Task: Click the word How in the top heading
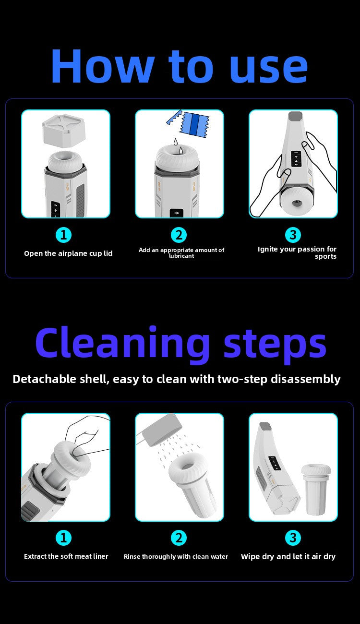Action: (x=103, y=66)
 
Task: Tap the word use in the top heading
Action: (x=269, y=69)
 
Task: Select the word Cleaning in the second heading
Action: (x=122, y=345)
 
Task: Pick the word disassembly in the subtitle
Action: (x=306, y=380)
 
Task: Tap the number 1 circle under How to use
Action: (x=63, y=235)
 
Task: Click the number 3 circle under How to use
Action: (x=293, y=235)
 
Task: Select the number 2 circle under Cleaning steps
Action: (x=179, y=538)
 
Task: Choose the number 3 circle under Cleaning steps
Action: (x=293, y=538)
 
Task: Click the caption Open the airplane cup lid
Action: (x=68, y=253)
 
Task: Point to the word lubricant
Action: (x=181, y=256)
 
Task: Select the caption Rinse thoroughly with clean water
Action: (x=176, y=557)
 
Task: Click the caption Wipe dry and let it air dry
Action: (x=288, y=557)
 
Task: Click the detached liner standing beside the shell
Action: (x=316, y=490)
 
